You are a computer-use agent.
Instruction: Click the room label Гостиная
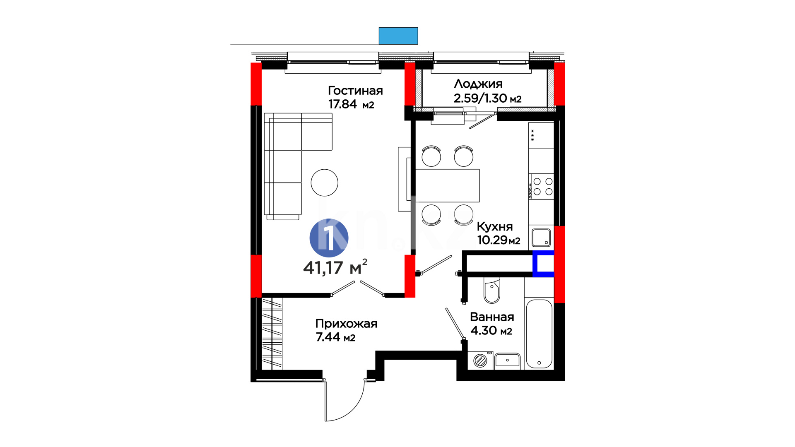coord(355,91)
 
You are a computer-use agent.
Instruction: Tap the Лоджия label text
coord(478,84)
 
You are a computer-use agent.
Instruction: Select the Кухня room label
coord(495,227)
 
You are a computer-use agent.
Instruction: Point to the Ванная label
coord(492,317)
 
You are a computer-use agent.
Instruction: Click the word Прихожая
coord(346,324)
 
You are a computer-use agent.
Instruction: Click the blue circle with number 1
coord(329,238)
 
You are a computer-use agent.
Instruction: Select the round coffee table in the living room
coord(325,183)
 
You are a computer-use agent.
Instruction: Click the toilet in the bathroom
coord(492,291)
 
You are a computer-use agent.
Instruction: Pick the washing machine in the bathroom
coord(480,360)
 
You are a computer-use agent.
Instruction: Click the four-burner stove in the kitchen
coord(542,186)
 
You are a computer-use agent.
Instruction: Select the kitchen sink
coord(541,238)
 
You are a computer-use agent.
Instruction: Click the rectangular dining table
coord(447,185)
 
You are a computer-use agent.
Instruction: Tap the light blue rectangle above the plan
coord(398,36)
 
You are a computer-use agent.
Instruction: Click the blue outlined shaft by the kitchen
coord(543,264)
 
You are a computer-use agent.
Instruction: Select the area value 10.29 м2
coord(499,240)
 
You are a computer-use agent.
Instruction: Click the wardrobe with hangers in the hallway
coord(272,334)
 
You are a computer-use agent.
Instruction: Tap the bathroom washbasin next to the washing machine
coord(507,360)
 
